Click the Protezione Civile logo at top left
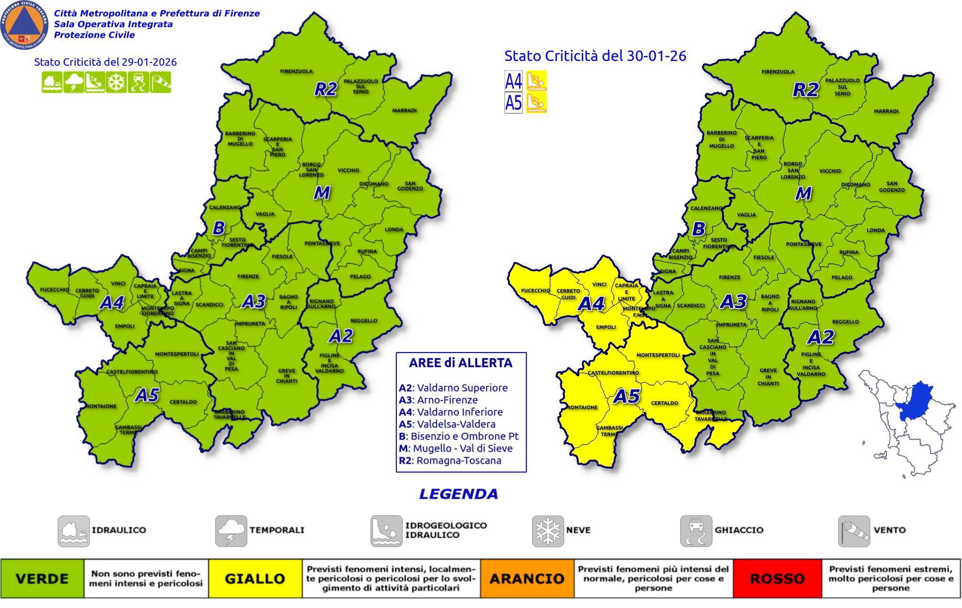[24, 25]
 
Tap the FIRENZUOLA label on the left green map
[296, 71]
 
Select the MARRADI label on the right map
[886, 111]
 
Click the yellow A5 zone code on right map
[627, 397]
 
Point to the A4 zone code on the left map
[112, 303]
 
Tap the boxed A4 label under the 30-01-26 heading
[513, 81]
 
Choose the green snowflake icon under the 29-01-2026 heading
[116, 82]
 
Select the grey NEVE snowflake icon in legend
[548, 531]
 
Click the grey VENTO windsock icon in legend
[853, 531]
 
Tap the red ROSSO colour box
[777, 578]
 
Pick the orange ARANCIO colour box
[527, 578]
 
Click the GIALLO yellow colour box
[255, 578]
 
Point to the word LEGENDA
[458, 494]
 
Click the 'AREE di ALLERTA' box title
[460, 363]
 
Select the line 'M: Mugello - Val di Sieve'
[456, 448]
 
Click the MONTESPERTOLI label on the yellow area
[658, 355]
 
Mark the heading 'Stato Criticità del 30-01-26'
[595, 56]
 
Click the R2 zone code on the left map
[326, 89]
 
